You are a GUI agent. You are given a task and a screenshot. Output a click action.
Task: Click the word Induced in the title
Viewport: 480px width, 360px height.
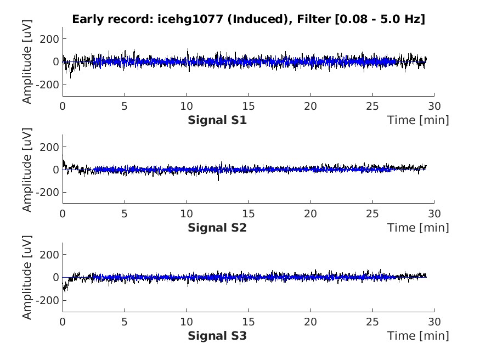pos(241,20)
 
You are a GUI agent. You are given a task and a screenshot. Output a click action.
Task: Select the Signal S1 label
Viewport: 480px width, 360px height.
pos(217,120)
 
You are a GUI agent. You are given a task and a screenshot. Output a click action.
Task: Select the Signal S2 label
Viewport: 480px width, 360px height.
pos(217,228)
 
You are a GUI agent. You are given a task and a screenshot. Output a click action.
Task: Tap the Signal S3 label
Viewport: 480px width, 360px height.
pos(217,335)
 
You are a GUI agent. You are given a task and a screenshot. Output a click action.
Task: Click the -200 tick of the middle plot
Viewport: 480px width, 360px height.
pos(49,193)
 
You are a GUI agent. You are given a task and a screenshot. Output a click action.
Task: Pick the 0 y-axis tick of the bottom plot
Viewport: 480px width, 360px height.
pos(55,278)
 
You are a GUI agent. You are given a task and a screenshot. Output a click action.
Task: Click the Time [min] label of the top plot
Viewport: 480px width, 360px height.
pos(418,120)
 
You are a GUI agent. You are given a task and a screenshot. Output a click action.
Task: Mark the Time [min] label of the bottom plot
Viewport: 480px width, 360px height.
pos(418,335)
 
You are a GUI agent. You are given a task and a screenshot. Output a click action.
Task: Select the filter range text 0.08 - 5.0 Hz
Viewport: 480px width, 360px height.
pos(384,20)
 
